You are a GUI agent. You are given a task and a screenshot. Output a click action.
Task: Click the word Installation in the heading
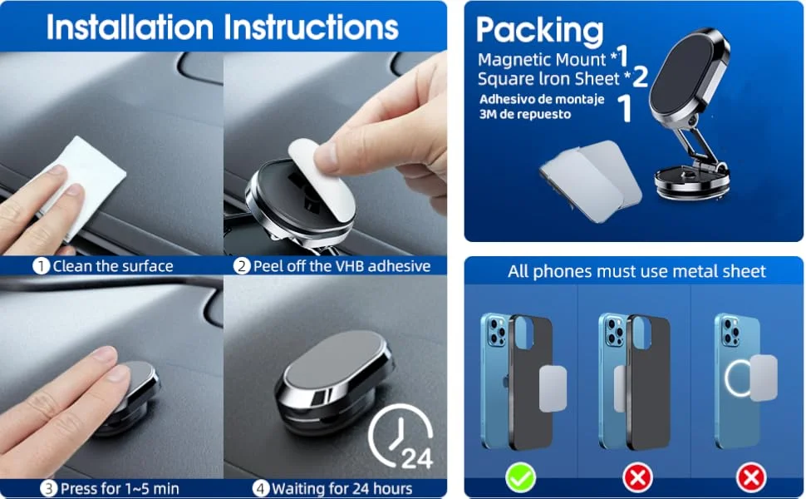[130, 27]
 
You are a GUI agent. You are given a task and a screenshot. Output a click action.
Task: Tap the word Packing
[539, 30]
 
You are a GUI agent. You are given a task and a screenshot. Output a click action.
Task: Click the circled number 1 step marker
[41, 266]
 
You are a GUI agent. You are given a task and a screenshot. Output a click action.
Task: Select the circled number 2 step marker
[242, 266]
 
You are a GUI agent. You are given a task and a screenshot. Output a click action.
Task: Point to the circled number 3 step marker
[48, 488]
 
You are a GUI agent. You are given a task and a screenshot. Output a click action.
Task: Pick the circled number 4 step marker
[260, 488]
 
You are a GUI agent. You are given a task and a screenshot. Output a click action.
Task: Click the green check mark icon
[520, 477]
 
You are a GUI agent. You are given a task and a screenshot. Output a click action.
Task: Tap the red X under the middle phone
[638, 478]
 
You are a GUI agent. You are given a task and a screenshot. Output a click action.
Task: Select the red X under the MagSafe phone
[751, 478]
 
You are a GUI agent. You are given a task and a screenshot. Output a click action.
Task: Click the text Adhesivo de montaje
[542, 99]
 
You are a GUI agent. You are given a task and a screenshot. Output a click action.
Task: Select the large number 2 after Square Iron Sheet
[640, 77]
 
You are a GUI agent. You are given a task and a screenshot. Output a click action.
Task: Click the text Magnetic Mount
[542, 60]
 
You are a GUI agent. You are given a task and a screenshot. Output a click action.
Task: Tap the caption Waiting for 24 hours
[342, 488]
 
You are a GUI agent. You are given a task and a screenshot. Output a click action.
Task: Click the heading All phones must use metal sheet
[636, 271]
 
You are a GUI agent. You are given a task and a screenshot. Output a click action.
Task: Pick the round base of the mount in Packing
[692, 184]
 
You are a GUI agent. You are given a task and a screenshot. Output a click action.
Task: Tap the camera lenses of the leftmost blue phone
[497, 332]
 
